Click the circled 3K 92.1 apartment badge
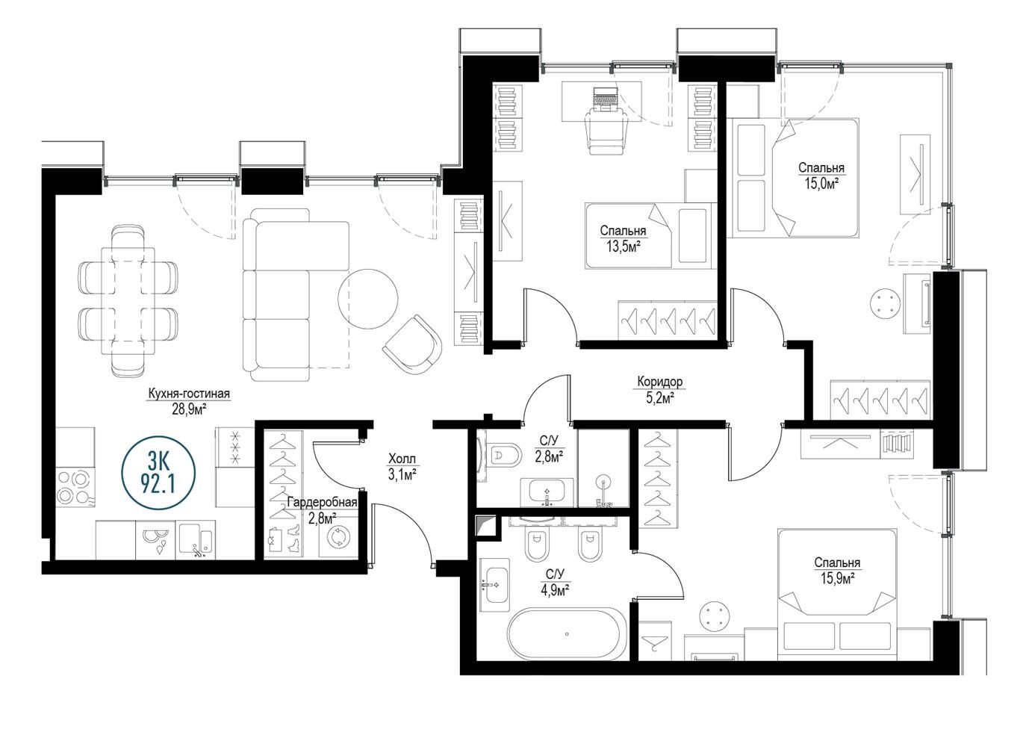158,473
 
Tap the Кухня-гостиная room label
189,394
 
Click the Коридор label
659,381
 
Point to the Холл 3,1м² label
402,467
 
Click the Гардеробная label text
322,502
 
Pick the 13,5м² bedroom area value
624,247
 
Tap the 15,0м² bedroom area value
821,184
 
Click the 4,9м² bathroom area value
556,590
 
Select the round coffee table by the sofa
367,299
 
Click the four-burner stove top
75,488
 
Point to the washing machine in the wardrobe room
338,537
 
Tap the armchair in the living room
412,345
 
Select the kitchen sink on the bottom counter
196,539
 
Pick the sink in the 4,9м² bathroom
494,586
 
